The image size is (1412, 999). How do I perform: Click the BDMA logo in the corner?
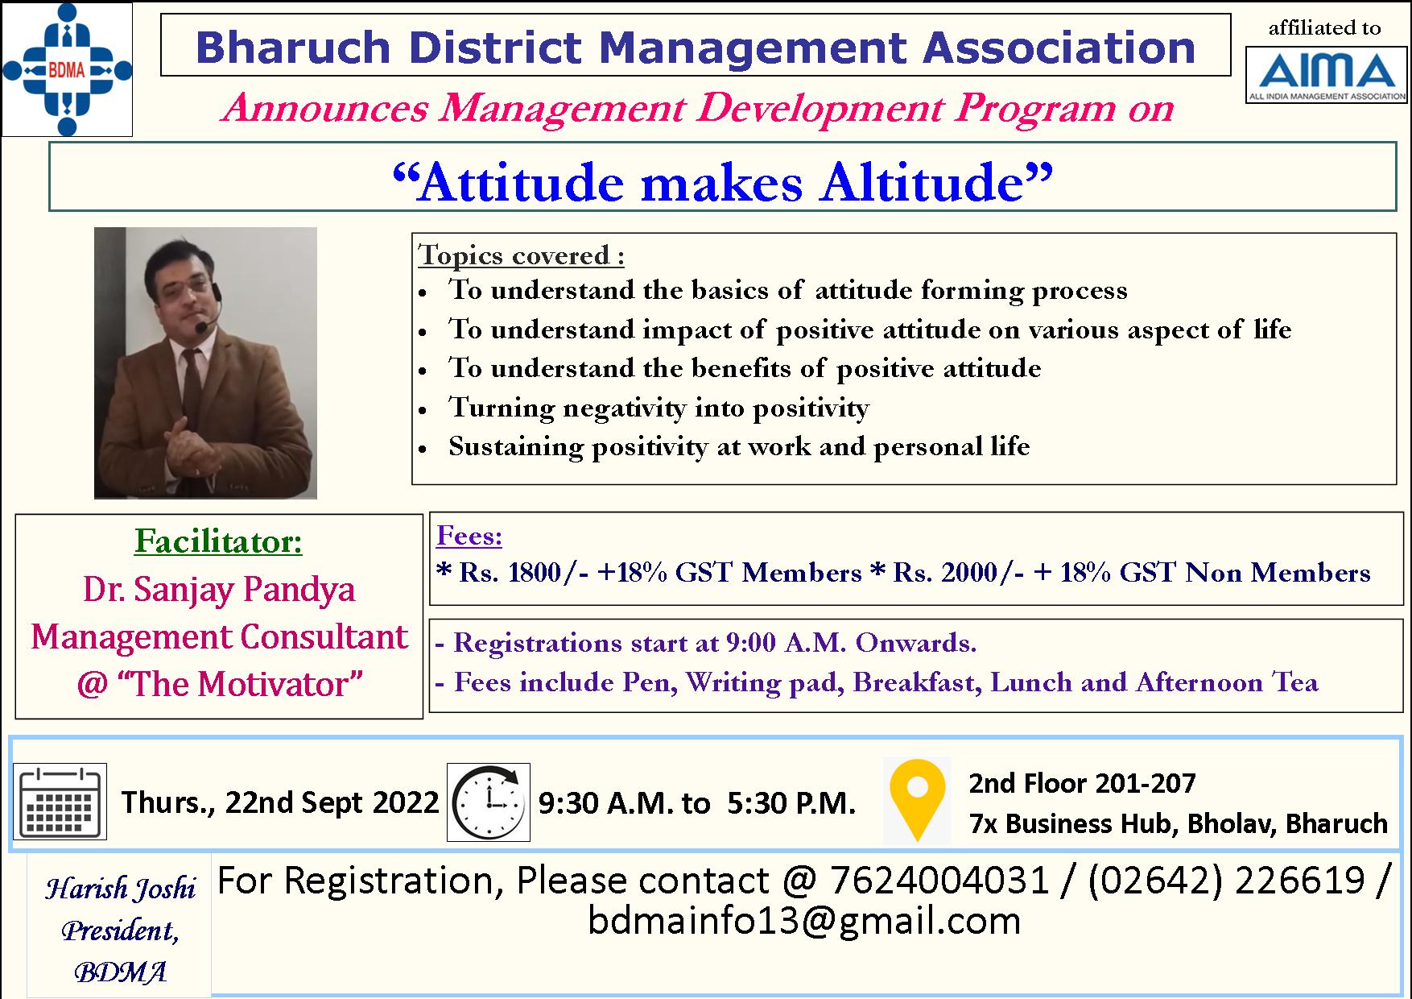[67, 69]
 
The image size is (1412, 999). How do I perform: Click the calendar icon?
[60, 802]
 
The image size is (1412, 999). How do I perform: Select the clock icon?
[489, 802]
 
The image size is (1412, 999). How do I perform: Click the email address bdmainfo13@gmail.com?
[804, 921]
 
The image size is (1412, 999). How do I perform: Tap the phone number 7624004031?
[939, 881]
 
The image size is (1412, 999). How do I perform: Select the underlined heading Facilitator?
[218, 541]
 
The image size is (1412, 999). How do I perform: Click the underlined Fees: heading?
[469, 536]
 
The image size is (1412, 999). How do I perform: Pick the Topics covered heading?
[521, 255]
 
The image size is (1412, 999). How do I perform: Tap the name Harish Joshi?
[120, 889]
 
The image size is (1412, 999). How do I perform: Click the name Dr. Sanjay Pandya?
[219, 590]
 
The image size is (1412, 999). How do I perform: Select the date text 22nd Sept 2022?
[332, 802]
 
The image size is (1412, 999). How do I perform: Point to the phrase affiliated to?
[1324, 28]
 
